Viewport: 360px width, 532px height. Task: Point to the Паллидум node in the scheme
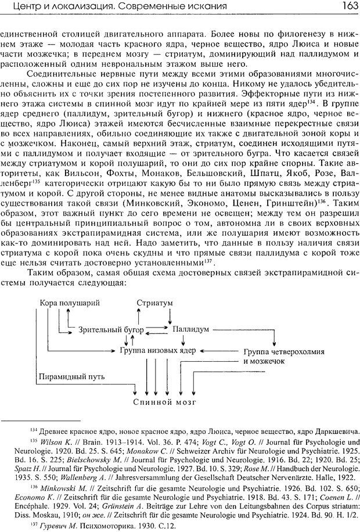(191, 329)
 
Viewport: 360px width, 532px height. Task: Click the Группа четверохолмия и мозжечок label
(275, 356)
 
